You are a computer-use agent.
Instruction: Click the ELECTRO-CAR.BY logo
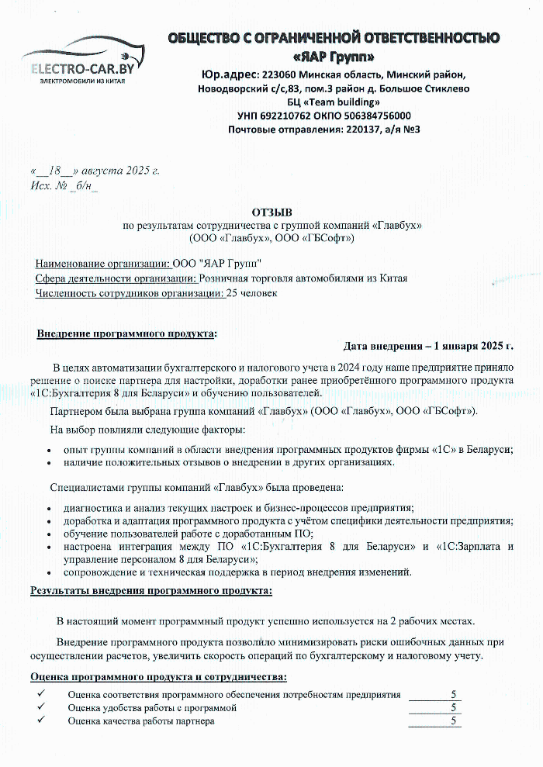click(x=81, y=62)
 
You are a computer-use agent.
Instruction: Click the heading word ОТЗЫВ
click(x=271, y=212)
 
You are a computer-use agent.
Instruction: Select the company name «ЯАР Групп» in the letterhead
click(x=334, y=57)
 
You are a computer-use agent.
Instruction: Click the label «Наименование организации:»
click(x=103, y=263)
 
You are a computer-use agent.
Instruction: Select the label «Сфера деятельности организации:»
click(x=116, y=278)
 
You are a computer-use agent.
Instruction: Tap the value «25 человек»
click(x=251, y=293)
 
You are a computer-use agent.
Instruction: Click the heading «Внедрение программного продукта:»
click(x=127, y=333)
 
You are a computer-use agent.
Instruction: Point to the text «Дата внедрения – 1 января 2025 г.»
click(x=428, y=346)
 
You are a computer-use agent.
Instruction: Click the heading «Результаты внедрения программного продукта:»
click(x=151, y=591)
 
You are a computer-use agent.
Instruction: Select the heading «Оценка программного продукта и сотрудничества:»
click(x=158, y=677)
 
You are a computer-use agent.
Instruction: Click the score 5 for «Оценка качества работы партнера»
click(x=453, y=721)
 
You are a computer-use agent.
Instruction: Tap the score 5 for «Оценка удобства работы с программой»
click(x=453, y=708)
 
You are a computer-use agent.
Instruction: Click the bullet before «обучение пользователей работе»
click(x=50, y=534)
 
